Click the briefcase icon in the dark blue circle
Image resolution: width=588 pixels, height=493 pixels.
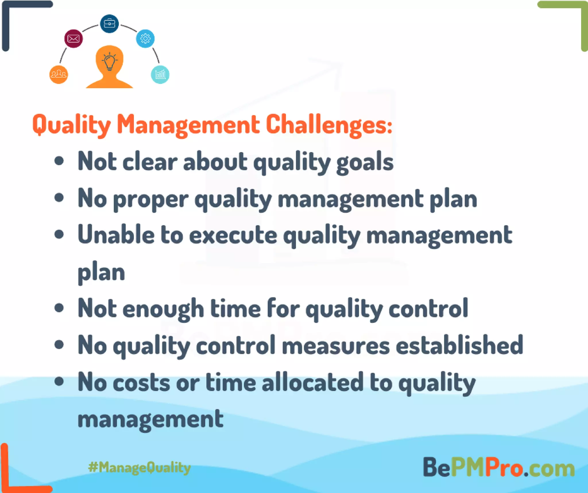point(109,24)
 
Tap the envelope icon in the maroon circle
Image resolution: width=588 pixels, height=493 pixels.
point(73,38)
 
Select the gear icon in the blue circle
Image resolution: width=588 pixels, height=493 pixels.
point(145,38)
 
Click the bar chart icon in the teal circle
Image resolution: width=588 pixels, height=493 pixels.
point(160,75)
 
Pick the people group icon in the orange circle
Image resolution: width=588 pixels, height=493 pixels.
point(59,75)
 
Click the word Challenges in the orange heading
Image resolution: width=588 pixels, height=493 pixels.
point(329,125)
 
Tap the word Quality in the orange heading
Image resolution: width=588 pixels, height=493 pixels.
point(71,125)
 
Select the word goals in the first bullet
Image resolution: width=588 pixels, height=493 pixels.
point(365,163)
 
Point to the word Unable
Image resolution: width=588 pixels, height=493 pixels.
point(116,235)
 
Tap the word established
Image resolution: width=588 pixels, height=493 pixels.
point(459,345)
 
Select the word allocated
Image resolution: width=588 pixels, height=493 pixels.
point(313,382)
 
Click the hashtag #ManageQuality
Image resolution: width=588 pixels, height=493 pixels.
point(140,467)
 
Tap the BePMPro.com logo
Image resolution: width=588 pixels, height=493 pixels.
point(498,467)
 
